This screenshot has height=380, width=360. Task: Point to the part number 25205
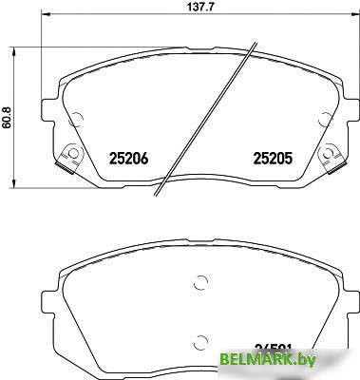click(270, 161)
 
